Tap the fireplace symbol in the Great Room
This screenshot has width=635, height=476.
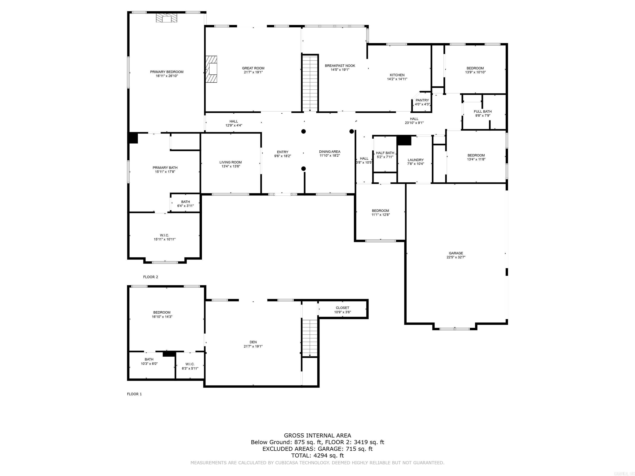211,69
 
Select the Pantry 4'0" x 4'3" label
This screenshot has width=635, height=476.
422,102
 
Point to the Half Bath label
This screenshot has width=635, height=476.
385,155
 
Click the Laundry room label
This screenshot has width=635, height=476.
415,162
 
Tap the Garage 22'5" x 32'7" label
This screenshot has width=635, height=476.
456,255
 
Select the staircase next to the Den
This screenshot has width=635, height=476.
310,337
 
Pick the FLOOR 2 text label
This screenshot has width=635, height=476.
150,277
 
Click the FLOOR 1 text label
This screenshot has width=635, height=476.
134,394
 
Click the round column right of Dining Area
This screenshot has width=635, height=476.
351,131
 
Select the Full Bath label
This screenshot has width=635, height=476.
483,113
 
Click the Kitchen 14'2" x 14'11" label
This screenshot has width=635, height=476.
397,77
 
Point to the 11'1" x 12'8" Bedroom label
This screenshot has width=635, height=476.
380,213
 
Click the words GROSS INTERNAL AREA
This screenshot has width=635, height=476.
317,436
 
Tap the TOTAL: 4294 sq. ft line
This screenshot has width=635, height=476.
317,455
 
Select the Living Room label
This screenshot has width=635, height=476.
230,164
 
